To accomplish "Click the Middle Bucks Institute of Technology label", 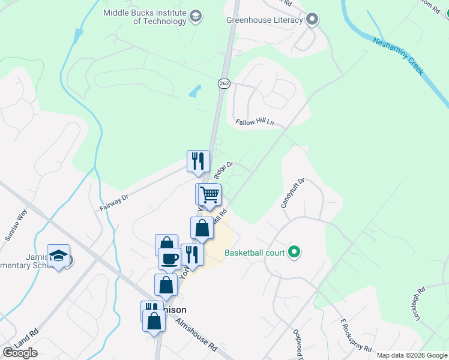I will coord(145,17).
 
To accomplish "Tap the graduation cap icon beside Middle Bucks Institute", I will coord(196,17).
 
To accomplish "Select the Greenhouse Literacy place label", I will coord(264,20).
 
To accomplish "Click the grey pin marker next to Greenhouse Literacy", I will coord(312,20).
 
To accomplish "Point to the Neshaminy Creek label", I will coord(398,56).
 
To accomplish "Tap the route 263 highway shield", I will coord(224,83).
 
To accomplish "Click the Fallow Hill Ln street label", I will coord(255,122).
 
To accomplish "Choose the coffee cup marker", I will coord(169,259).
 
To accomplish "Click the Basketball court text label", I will coord(255,253).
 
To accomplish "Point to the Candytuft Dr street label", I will coord(294,193).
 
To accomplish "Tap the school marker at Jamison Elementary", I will coord(59,256).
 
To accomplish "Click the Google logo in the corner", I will coord(20,353).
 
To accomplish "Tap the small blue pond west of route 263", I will coord(195,92).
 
